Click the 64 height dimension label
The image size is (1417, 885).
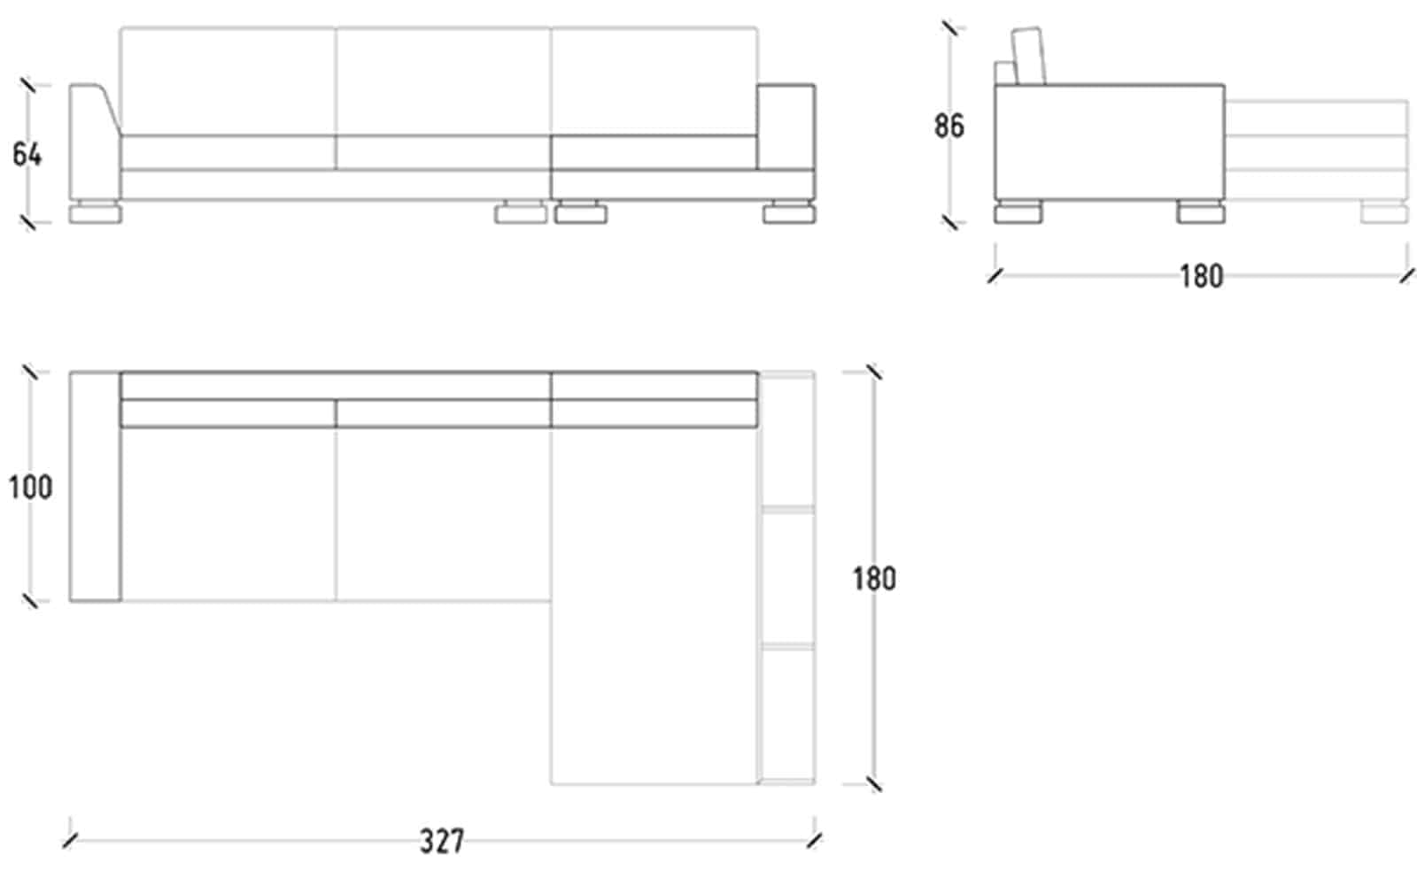[27, 154]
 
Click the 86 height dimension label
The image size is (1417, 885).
[949, 126]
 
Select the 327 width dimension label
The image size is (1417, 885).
[442, 842]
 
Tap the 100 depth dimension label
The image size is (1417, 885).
[30, 488]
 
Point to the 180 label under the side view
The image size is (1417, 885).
[1201, 276]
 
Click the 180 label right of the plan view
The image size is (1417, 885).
[874, 579]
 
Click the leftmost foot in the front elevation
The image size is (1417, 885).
[95, 212]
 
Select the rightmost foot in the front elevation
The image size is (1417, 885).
[789, 212]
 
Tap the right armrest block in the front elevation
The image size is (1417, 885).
[786, 127]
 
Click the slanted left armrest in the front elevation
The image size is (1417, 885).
[94, 142]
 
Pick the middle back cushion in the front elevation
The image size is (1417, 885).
[443, 81]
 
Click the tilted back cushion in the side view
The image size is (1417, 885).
[1027, 57]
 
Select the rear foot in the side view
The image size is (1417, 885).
[1018, 212]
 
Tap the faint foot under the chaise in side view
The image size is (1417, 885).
[1385, 212]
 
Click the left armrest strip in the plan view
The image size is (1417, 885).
[95, 487]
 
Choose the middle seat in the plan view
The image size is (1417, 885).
[443, 514]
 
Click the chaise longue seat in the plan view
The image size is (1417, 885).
[654, 605]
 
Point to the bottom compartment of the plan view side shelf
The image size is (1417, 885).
[787, 715]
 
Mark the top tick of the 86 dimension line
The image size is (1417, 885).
[950, 28]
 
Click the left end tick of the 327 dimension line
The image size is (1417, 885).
[70, 841]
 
